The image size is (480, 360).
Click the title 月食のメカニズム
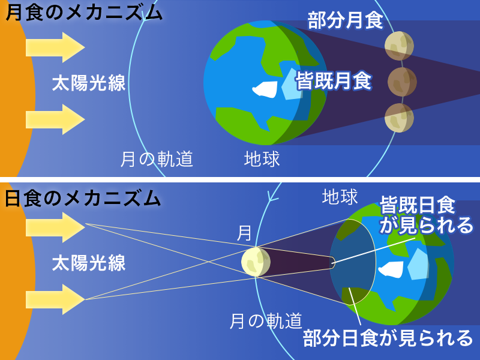[x=84, y=13]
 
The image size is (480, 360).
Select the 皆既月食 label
[x=334, y=80]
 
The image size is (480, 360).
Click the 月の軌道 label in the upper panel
[x=157, y=158]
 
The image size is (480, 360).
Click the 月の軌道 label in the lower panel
[x=266, y=322]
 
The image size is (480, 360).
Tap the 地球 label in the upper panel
[x=262, y=158]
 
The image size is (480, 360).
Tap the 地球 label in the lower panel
[x=340, y=196]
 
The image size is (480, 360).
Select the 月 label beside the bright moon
[x=245, y=233]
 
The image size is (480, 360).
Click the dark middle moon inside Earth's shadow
[x=402, y=81]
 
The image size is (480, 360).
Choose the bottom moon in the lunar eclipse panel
[x=398, y=118]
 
